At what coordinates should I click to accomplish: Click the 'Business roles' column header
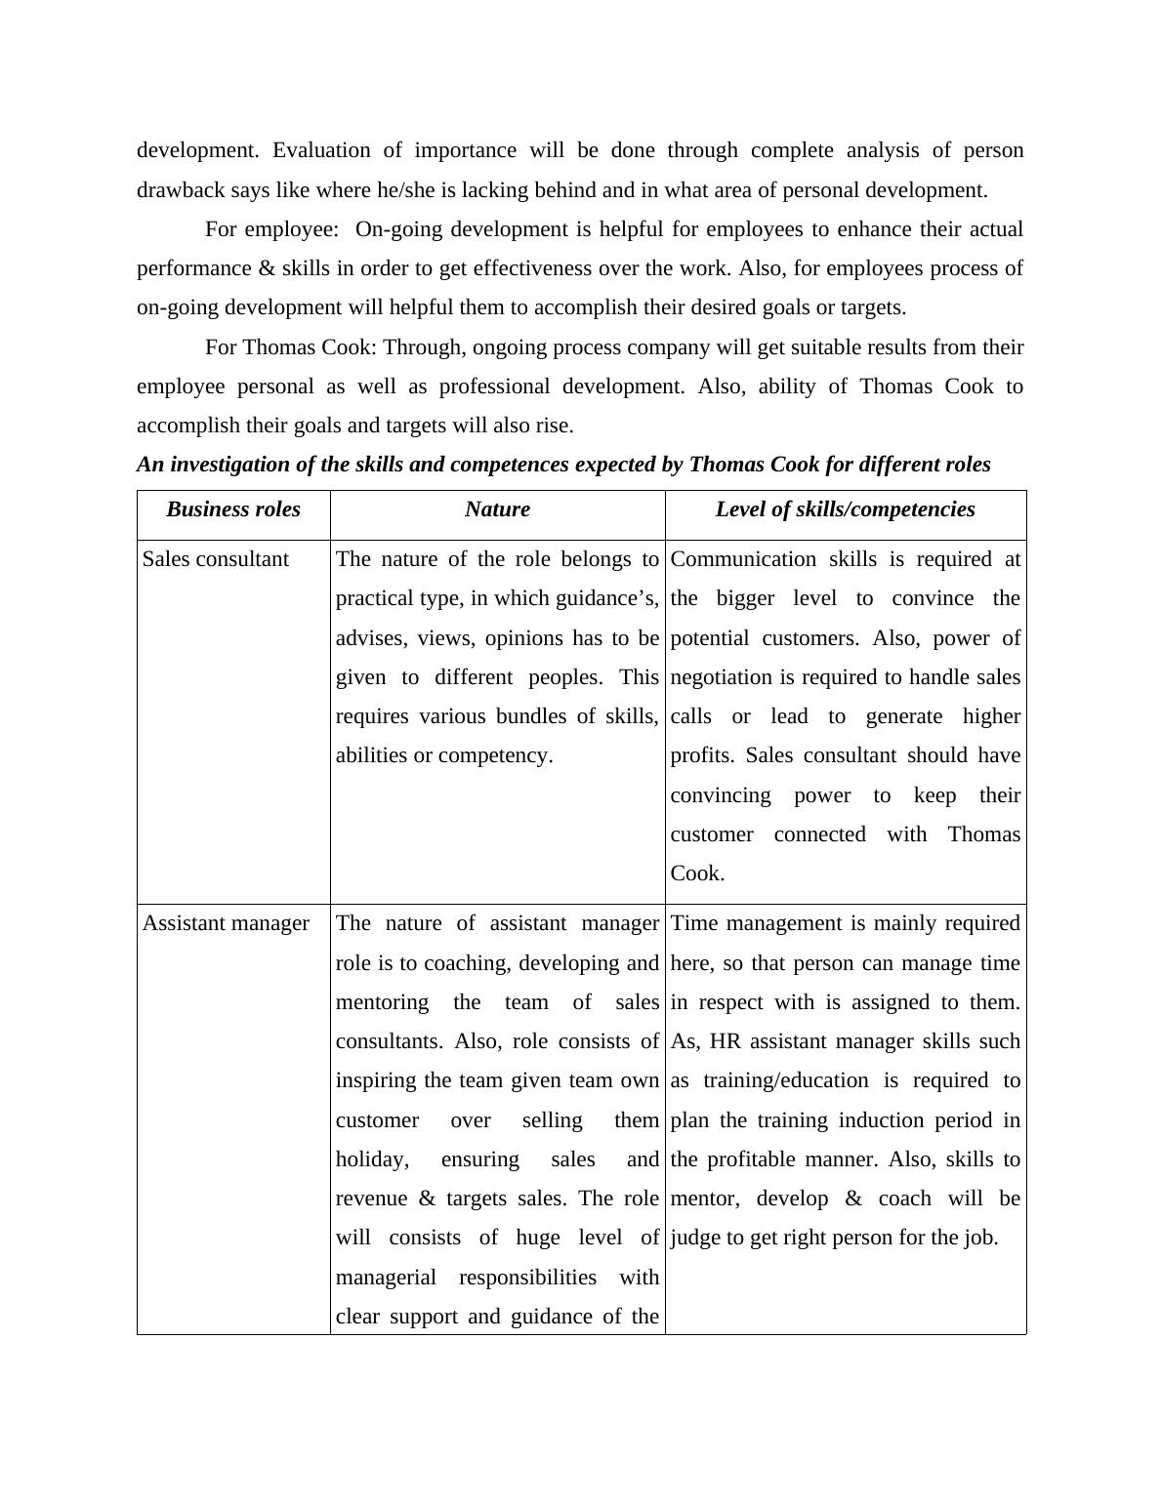pos(233,509)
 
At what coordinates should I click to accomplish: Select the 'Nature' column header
pos(497,509)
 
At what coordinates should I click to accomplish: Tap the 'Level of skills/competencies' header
pos(845,509)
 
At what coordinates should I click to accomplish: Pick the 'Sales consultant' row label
pos(216,559)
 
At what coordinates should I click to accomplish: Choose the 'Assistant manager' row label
pos(226,923)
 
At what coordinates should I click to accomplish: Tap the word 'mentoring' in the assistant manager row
pos(382,1002)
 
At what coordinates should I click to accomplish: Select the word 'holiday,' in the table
pos(372,1159)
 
